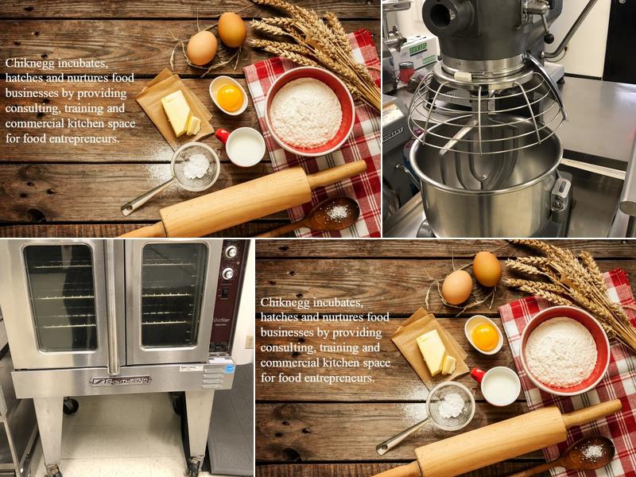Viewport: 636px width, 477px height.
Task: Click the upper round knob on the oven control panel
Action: pos(231,252)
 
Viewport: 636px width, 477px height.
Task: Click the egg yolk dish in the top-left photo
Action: pos(229,96)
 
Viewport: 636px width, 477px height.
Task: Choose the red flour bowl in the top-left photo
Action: pos(309,111)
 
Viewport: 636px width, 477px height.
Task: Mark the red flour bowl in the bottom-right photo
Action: pos(564,350)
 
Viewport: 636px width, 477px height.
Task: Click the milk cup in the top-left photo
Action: pos(244,146)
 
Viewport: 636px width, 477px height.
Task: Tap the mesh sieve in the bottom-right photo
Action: pos(451,405)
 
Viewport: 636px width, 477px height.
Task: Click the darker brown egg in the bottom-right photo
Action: pos(487,269)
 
